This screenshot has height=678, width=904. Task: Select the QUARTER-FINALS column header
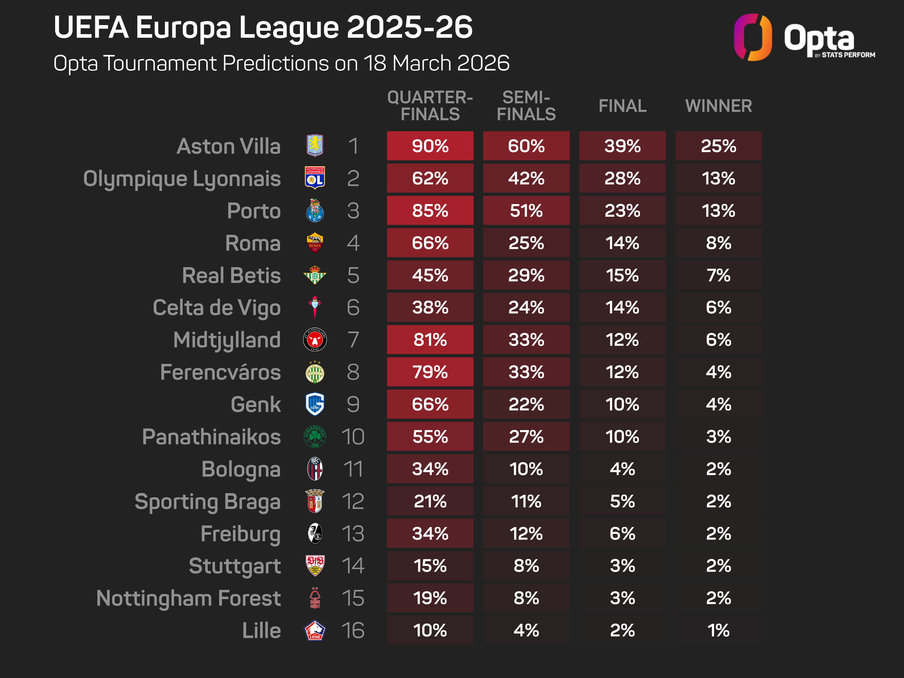point(430,106)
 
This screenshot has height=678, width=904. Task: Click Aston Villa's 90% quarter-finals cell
point(430,146)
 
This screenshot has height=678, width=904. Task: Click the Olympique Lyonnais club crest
point(315,178)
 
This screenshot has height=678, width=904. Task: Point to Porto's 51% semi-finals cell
point(526,210)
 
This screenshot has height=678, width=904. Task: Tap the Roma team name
point(253,243)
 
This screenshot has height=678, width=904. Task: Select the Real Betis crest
point(315,275)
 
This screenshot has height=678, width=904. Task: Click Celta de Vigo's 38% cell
point(430,307)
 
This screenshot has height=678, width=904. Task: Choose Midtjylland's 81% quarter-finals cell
point(430,340)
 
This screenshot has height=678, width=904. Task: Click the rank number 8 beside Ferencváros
point(353,372)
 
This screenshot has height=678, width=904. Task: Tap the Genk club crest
point(315,404)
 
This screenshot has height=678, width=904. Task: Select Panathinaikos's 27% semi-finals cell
point(526,436)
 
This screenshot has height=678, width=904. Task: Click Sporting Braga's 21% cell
point(430,501)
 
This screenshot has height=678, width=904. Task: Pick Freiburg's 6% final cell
point(622,533)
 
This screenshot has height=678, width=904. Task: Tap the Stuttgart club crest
point(315,566)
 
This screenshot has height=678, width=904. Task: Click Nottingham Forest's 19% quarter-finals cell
point(430,598)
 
